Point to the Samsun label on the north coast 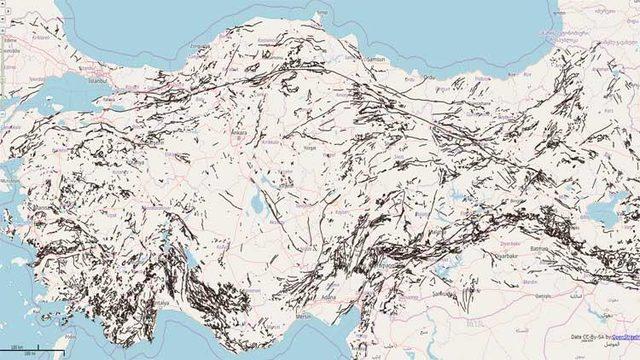[350, 62]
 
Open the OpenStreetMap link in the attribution [624, 337]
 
